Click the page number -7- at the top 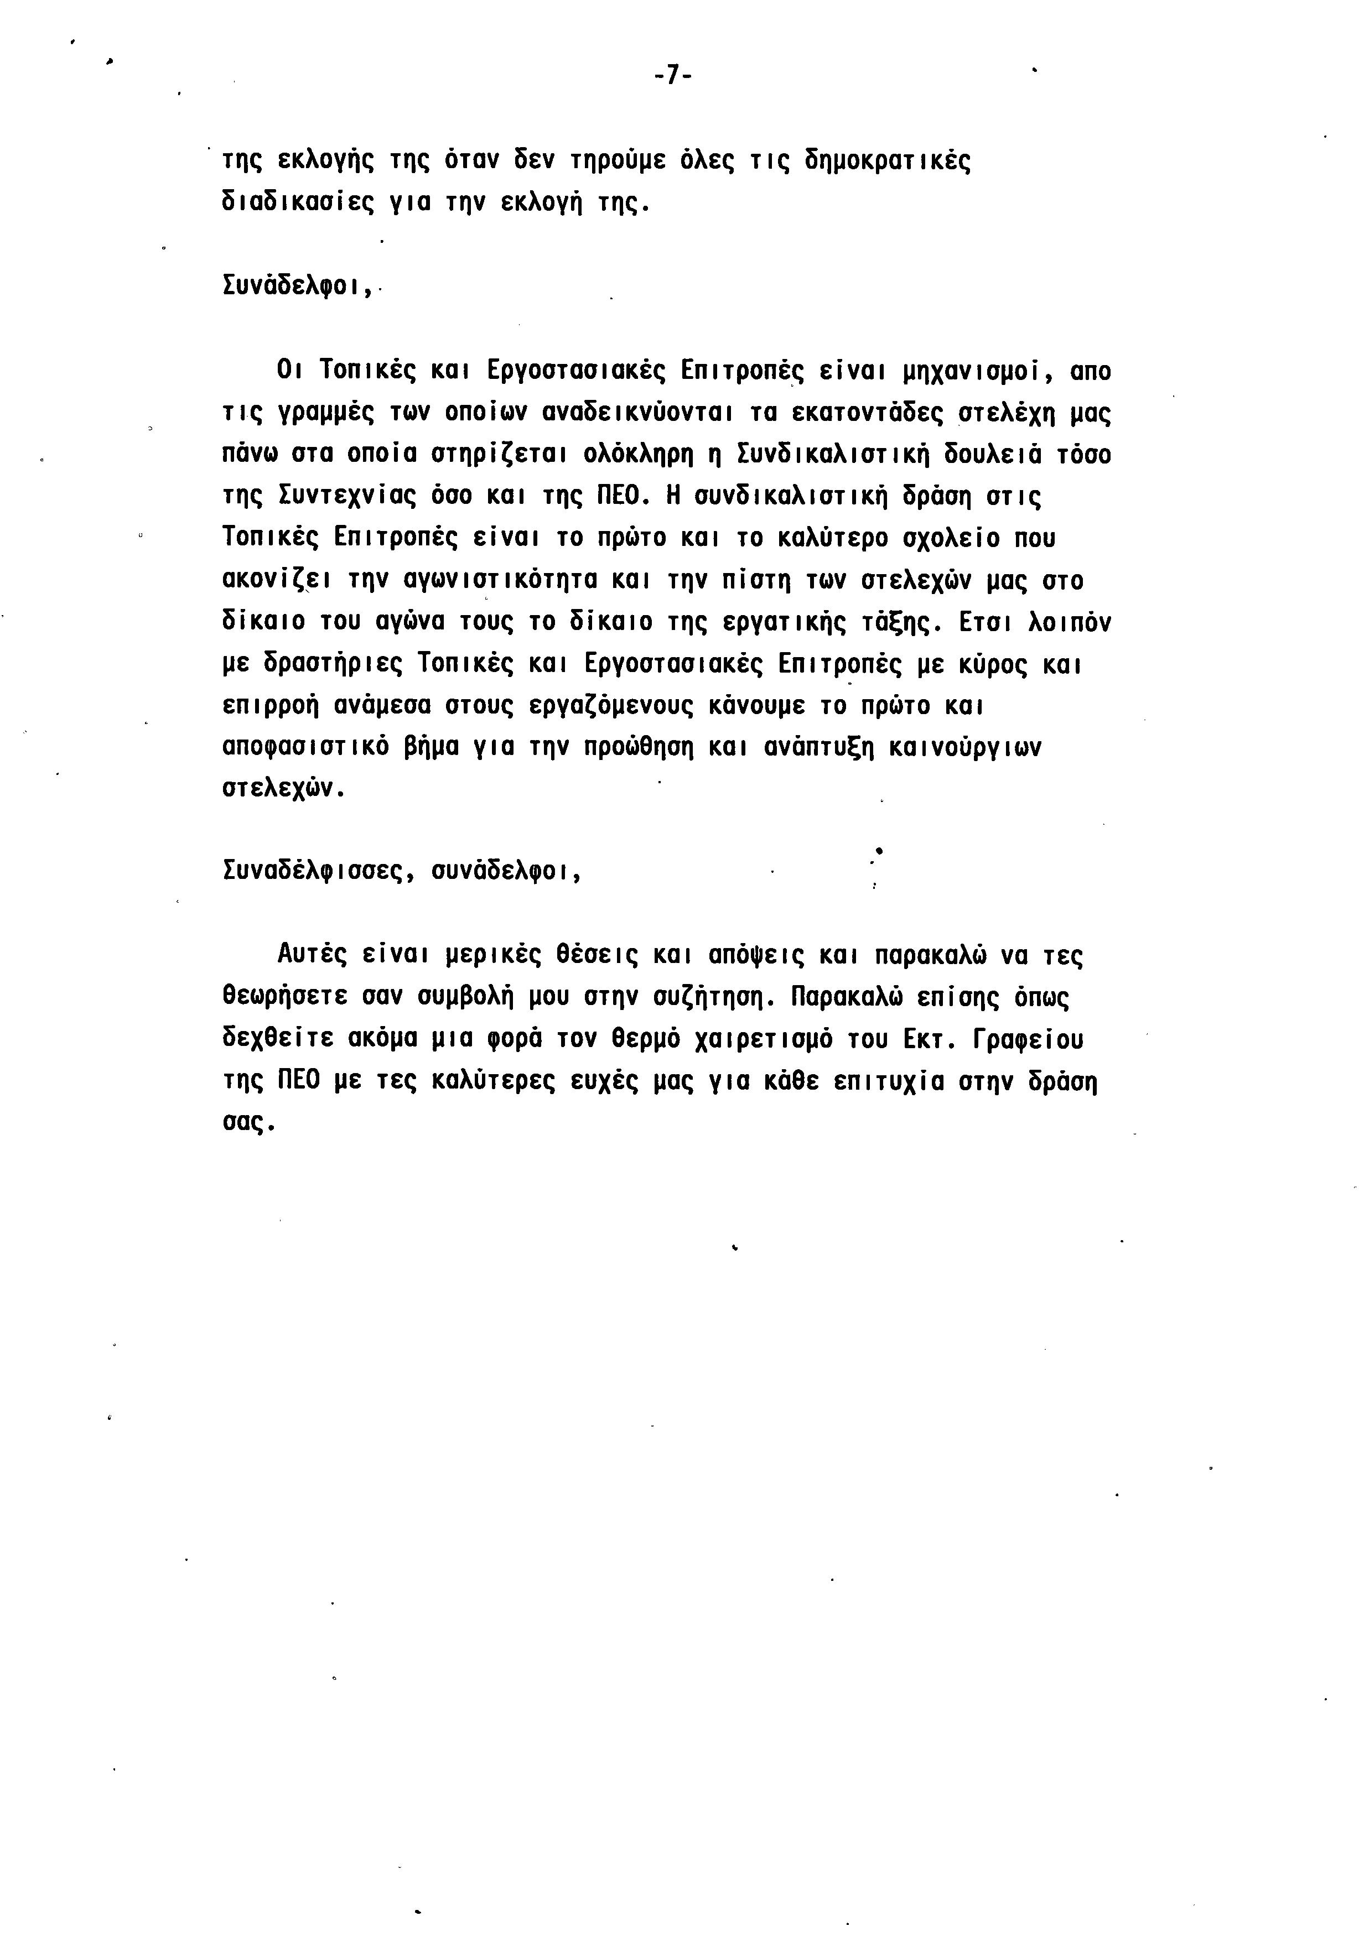point(673,76)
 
